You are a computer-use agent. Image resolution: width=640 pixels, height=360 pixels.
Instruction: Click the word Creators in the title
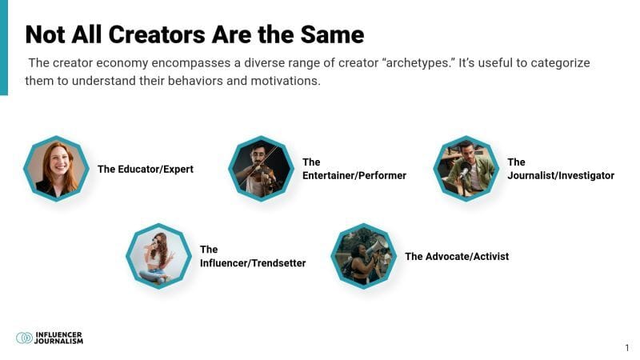click(156, 34)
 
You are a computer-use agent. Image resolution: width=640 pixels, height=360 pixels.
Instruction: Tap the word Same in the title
click(332, 34)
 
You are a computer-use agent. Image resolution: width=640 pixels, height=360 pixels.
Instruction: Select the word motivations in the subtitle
click(286, 81)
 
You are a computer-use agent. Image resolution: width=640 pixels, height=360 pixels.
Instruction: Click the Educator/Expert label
click(146, 169)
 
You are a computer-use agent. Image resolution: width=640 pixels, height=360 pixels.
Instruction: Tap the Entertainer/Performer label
click(354, 169)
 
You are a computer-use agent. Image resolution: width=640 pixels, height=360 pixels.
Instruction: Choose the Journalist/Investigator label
click(561, 169)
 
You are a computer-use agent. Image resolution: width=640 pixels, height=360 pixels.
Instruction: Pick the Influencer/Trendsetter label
click(253, 256)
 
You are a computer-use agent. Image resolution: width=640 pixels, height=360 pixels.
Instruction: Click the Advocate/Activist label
click(457, 256)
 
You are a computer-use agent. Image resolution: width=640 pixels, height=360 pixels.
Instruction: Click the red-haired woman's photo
click(56, 169)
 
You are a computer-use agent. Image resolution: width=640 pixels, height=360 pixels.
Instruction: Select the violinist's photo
click(262, 169)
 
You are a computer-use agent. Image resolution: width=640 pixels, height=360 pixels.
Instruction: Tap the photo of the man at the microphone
click(466, 169)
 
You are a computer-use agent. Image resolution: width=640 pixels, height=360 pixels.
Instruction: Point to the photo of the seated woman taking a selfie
click(158, 256)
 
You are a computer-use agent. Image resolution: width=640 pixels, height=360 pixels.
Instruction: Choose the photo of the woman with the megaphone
click(363, 256)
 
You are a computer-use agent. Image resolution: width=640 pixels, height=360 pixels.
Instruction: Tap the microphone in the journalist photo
click(464, 170)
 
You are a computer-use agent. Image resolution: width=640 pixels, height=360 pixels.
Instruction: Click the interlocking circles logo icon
click(24, 338)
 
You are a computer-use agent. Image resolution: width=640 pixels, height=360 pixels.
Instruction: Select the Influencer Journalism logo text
click(58, 338)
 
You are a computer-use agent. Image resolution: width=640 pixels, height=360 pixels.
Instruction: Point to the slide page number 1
click(627, 348)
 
